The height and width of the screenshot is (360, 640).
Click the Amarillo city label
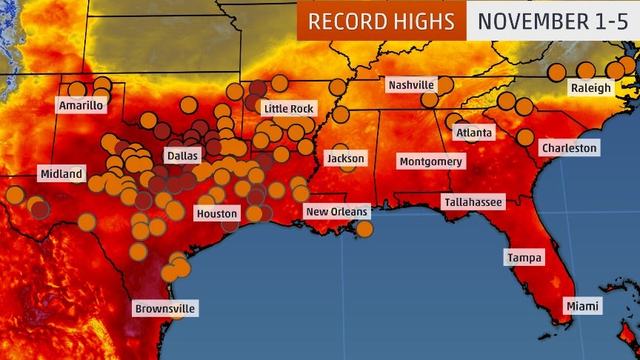[81, 106]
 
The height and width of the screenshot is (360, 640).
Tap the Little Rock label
[289, 109]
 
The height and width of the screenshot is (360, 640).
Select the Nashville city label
[411, 86]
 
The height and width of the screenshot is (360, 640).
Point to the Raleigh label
[590, 88]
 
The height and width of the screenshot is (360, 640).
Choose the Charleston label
[569, 148]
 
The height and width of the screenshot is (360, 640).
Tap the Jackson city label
[346, 159]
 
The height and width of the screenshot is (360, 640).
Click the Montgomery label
[430, 161]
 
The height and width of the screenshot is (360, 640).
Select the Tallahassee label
[472, 201]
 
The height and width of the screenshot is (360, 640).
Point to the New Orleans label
[337, 213]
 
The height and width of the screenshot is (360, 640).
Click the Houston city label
[216, 214]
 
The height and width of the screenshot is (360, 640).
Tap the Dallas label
[182, 157]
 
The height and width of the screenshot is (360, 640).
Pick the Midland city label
[61, 175]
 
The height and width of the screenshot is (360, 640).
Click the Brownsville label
[166, 309]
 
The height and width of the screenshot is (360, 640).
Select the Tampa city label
[524, 258]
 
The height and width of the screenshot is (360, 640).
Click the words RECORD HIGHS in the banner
[381, 21]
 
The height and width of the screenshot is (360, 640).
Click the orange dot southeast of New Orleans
[364, 229]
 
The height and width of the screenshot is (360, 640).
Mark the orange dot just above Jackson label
[340, 150]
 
